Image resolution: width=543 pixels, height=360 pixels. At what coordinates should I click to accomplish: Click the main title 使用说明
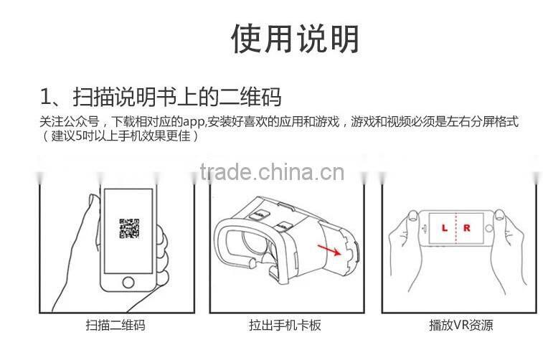click(x=295, y=39)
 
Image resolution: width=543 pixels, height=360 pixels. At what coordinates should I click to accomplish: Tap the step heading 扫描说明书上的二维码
click(x=177, y=97)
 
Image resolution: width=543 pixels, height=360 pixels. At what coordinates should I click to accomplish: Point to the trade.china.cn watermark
click(x=272, y=172)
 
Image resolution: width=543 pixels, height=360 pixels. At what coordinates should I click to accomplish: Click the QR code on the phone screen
click(x=129, y=228)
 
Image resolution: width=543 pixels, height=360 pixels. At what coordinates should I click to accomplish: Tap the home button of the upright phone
click(x=128, y=282)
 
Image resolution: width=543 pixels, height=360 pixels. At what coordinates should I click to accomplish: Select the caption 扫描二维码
click(x=115, y=325)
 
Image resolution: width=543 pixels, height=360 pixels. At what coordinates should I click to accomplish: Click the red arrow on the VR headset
click(x=329, y=250)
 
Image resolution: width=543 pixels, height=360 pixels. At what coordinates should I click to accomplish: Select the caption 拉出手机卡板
click(x=285, y=325)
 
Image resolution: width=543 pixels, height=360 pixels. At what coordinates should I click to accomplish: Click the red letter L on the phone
click(x=444, y=228)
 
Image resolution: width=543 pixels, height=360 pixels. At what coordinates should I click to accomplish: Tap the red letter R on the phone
click(x=467, y=228)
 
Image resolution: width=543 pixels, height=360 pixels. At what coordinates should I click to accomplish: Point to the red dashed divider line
click(x=456, y=228)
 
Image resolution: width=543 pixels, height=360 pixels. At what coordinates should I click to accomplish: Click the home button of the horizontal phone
click(x=489, y=228)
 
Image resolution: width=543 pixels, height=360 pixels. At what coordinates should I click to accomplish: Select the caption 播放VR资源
click(x=461, y=325)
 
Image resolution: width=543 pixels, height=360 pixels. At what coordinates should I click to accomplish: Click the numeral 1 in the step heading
click(x=45, y=97)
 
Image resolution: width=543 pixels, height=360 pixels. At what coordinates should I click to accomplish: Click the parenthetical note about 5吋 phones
click(x=121, y=136)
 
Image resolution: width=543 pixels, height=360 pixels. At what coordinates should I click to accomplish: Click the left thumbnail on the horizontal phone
click(x=412, y=216)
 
